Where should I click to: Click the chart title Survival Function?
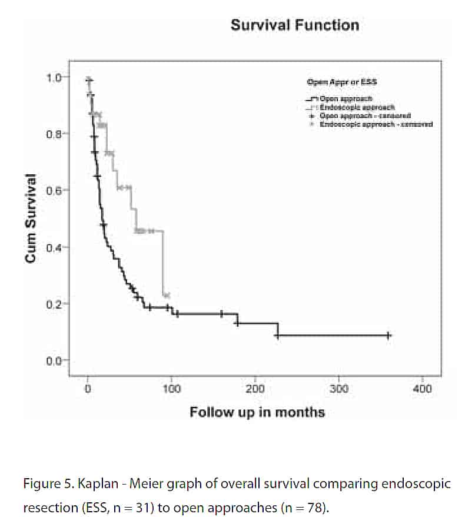[x=294, y=25]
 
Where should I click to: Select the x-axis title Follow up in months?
[x=257, y=412]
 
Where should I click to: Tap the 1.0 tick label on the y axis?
[x=54, y=77]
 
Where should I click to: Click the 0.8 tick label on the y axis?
[x=54, y=134]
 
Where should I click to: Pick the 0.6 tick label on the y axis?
[x=54, y=190]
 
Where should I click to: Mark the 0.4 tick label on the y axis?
[x=54, y=247]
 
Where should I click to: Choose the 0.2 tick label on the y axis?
[x=54, y=304]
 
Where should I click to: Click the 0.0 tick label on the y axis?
[x=54, y=360]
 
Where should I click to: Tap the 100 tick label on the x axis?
[x=171, y=389]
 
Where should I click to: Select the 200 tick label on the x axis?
[x=255, y=389]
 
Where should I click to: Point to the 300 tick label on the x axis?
[x=338, y=389]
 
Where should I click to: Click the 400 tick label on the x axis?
[x=423, y=389]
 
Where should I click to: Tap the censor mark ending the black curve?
[x=388, y=335]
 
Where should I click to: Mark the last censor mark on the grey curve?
[x=167, y=294]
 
